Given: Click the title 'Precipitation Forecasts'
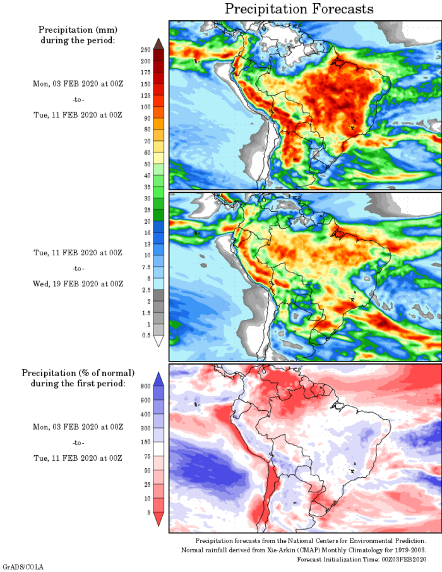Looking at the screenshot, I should pyautogui.click(x=299, y=9).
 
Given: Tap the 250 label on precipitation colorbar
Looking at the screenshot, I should pyautogui.click(x=145, y=49).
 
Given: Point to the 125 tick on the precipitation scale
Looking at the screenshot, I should pyautogui.click(x=145, y=95).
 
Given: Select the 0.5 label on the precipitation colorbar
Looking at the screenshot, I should pyautogui.click(x=146, y=335).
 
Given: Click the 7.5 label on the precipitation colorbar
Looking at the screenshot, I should pyautogui.click(x=145, y=267).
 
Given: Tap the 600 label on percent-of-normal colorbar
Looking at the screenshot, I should pyautogui.click(x=145, y=399).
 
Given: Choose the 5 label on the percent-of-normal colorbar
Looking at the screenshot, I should pyautogui.click(x=148, y=513).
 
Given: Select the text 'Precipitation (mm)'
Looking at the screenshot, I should pyautogui.click(x=78, y=30).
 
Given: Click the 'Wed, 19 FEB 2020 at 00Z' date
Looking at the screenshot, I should pyautogui.click(x=78, y=284).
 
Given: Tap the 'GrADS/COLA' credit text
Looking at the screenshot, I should pyautogui.click(x=23, y=567).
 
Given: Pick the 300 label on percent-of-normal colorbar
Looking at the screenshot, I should pyautogui.click(x=145, y=428).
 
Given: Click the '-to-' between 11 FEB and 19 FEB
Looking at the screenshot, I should pyautogui.click(x=78, y=269).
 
